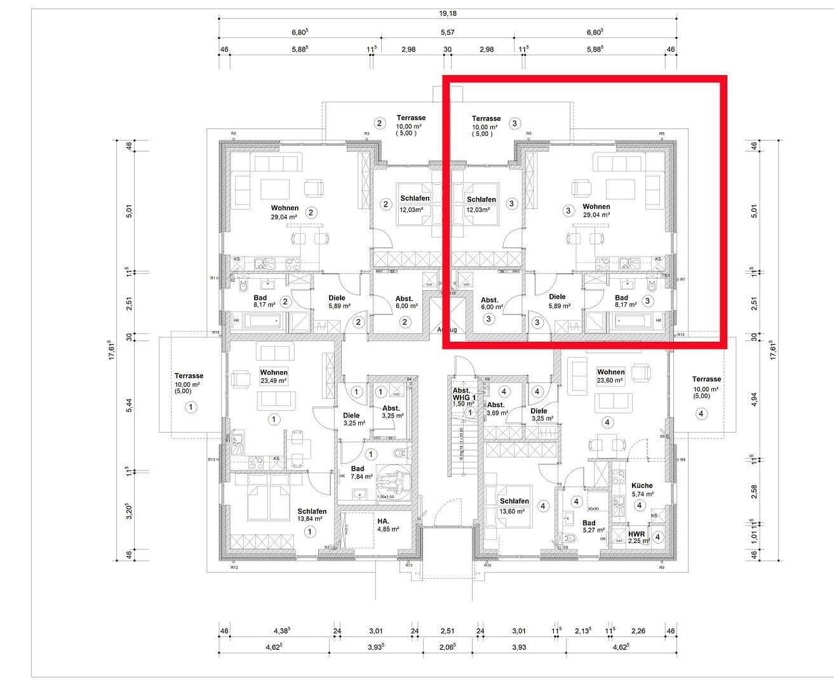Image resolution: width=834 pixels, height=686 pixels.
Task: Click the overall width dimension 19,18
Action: coord(447,13)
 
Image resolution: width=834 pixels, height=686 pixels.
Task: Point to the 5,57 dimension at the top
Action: coord(447,32)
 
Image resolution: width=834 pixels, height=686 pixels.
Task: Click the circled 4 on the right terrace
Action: coord(701,414)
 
